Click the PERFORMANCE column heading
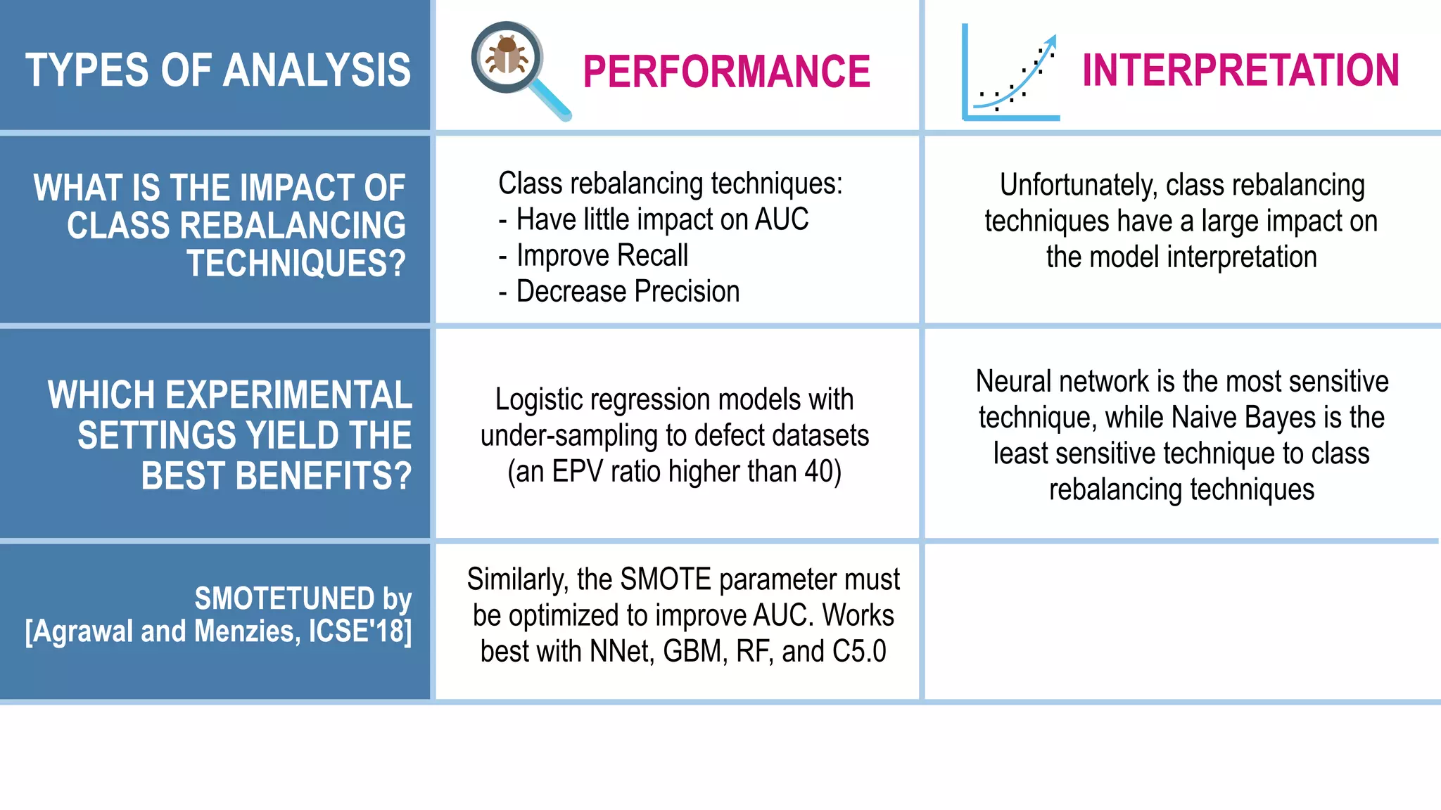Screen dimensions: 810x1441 tap(726, 72)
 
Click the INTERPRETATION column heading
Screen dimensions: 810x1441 tap(1240, 70)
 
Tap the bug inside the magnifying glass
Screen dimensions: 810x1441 tap(507, 56)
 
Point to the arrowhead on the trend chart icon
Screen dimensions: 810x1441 tap(1050, 41)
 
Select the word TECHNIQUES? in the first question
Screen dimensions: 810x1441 tap(296, 264)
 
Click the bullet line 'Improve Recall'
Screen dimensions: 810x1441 tap(602, 255)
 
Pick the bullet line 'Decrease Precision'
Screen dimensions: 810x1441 tap(628, 291)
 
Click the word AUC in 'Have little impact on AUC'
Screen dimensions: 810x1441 tap(781, 219)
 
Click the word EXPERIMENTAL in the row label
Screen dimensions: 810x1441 tap(288, 395)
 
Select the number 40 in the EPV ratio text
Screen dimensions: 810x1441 tap(818, 472)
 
